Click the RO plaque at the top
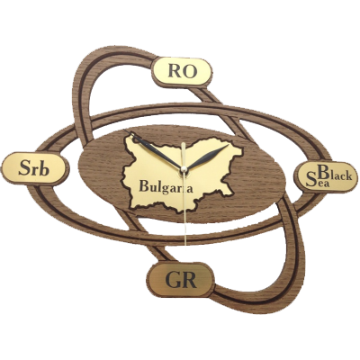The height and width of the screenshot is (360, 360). coord(183,72)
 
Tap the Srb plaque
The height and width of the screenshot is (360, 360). coord(33,169)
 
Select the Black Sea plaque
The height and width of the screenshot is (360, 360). coord(327,177)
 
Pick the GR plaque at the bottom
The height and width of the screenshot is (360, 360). coord(181,280)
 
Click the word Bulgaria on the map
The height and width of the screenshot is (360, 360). coord(166,186)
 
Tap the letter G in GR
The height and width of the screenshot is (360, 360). coord(172,280)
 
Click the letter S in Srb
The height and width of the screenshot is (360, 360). coord(24,169)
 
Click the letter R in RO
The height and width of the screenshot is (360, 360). coord(175,72)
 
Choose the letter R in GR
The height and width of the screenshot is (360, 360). coord(188,280)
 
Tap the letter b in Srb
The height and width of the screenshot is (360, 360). coord(43,168)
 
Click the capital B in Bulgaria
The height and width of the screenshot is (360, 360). coord(144,186)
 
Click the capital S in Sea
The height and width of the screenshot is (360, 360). coord(310,181)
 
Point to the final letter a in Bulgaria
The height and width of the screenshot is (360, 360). coord(189,189)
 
